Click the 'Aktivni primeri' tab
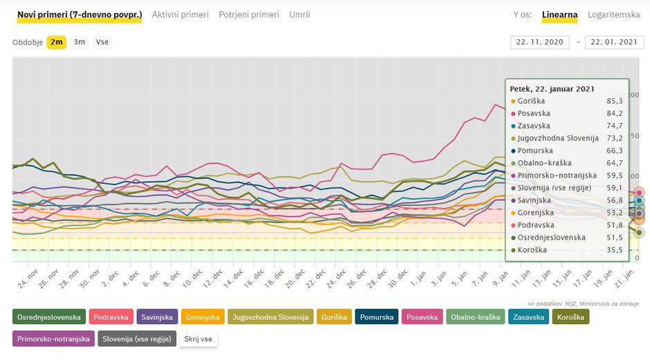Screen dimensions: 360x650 [180, 15]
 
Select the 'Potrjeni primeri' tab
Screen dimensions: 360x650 [249, 15]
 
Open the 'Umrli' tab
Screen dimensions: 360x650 [299, 15]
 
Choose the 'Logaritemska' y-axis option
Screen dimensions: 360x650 [613, 15]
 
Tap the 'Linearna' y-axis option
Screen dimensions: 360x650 [559, 15]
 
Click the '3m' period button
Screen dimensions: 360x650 [80, 42]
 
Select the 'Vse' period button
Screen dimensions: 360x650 [102, 42]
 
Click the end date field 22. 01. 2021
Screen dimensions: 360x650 [614, 42]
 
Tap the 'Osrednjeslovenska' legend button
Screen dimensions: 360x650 [49, 317]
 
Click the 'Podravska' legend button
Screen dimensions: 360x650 [111, 317]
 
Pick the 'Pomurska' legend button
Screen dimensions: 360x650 [377, 317]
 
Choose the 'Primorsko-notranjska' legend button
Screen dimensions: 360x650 [53, 339]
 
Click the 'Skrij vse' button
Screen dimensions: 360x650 [197, 339]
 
